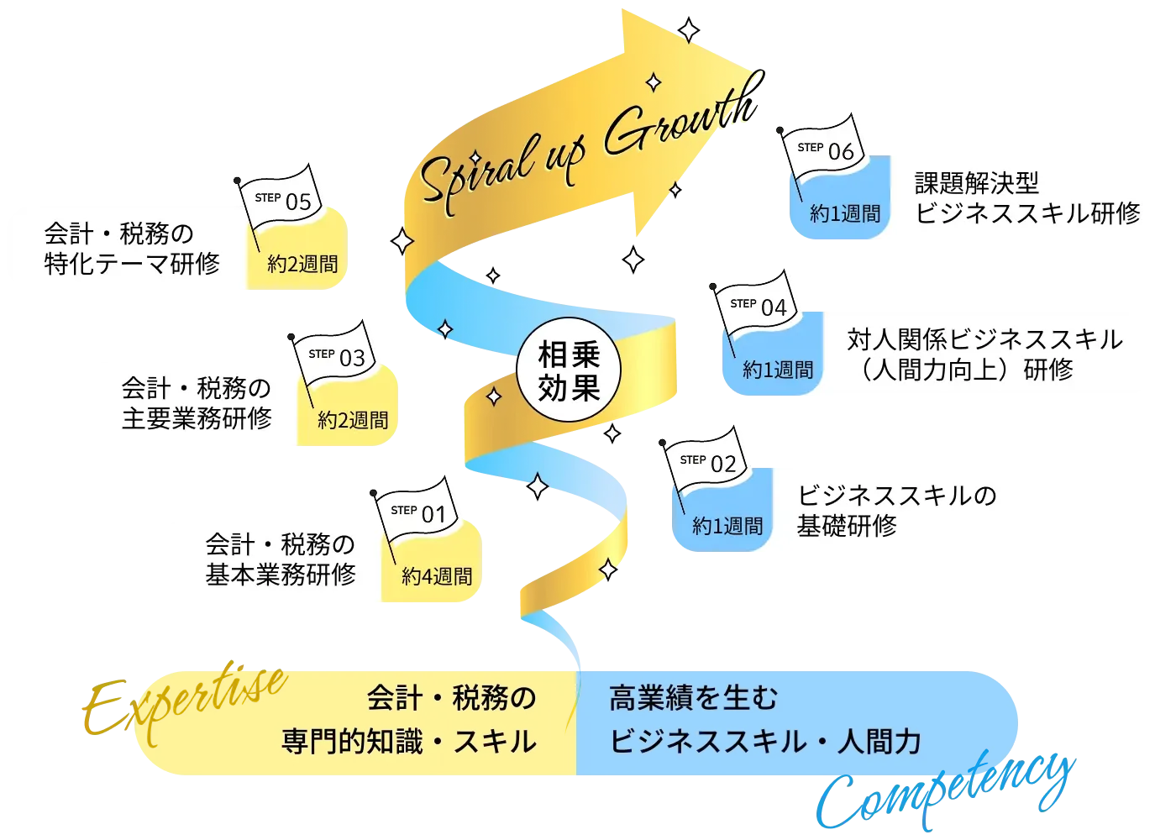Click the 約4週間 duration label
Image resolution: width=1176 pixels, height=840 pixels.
pyautogui.click(x=437, y=577)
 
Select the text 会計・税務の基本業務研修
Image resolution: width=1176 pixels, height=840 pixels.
pyautogui.click(x=281, y=559)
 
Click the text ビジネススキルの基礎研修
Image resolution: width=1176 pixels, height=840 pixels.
pyautogui.click(x=895, y=511)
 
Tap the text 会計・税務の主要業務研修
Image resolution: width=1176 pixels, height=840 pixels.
pyautogui.click(x=197, y=403)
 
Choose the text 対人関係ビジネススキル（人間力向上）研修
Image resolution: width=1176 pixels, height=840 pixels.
pyautogui.click(x=984, y=354)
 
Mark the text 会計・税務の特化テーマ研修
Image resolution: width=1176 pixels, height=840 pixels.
pyautogui.click(x=131, y=249)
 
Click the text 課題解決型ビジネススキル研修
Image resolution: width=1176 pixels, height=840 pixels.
pyautogui.click(x=1026, y=198)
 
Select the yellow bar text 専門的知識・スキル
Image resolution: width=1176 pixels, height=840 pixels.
pyautogui.click(x=409, y=742)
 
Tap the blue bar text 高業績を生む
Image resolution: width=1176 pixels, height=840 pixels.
pyautogui.click(x=694, y=698)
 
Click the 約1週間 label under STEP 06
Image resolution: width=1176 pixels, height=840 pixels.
pyautogui.click(x=845, y=214)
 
